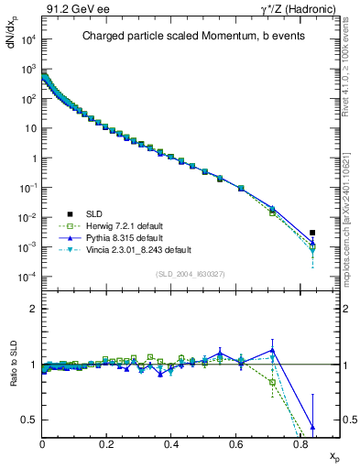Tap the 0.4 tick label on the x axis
[x=171, y=444]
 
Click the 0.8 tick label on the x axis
[x=300, y=444]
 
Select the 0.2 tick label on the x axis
[x=107, y=444]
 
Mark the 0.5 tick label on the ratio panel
[x=29, y=420]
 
